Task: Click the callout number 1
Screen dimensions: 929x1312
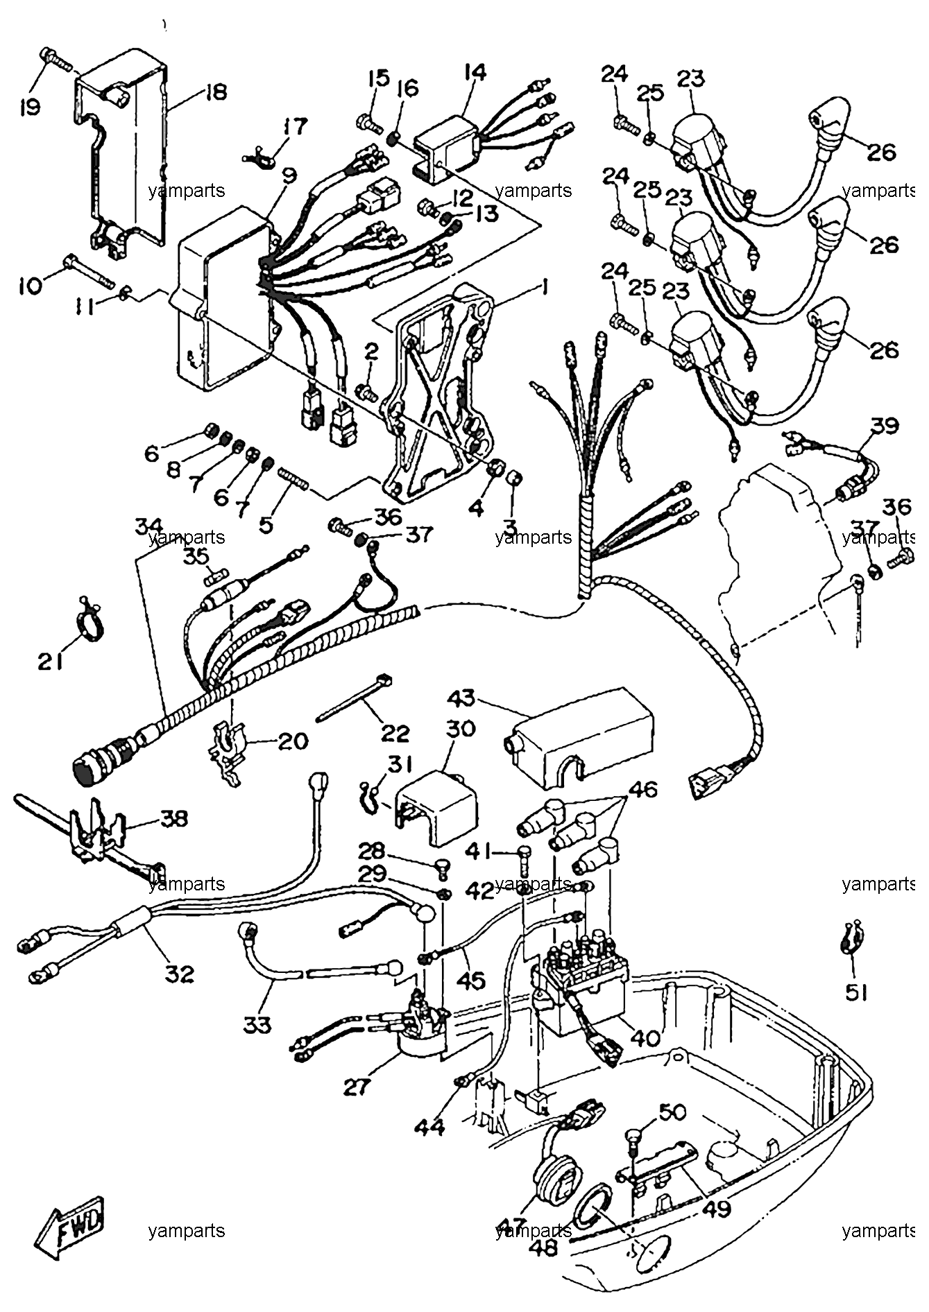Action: pos(546,286)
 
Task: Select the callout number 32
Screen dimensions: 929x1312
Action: pos(180,974)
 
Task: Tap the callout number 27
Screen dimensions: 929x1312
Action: pos(358,1087)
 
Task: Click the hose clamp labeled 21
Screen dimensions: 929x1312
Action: pos(90,626)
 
